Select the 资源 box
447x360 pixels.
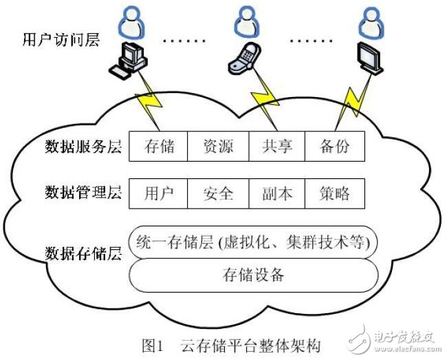pyautogui.click(x=217, y=146)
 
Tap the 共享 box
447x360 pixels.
pyautogui.click(x=276, y=146)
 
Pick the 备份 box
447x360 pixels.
pyautogui.click(x=334, y=146)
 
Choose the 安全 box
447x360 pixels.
pyautogui.click(x=217, y=193)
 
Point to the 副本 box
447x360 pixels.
pyautogui.click(x=276, y=193)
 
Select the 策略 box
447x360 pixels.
pyautogui.click(x=334, y=193)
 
